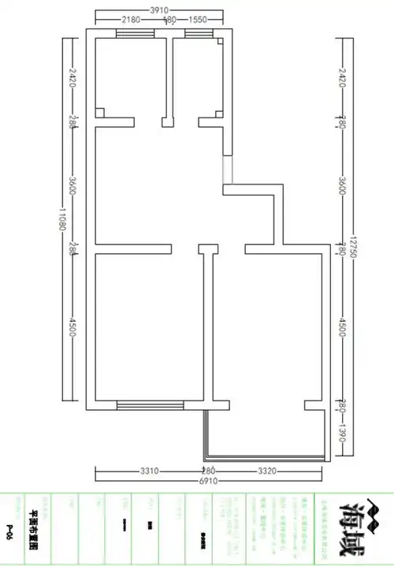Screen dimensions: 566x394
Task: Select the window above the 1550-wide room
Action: [198, 33]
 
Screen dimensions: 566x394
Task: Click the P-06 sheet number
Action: [9, 527]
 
